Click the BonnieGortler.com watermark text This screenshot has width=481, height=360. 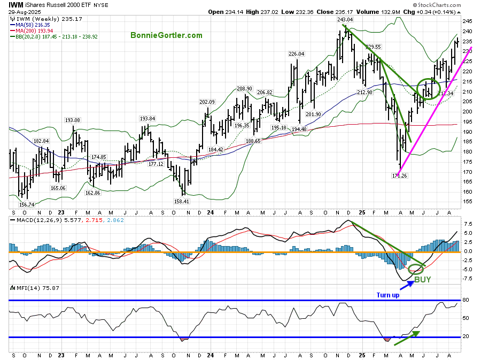tap(166, 35)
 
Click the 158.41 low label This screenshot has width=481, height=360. tap(183, 201)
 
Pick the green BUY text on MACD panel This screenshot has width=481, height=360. tap(422, 279)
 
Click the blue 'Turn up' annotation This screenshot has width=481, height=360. tap(387, 295)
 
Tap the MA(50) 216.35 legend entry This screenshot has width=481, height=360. tap(34, 24)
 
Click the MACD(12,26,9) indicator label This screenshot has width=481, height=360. tap(35, 220)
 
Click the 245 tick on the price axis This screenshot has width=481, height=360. tap(467, 21)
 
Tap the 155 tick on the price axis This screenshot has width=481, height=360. tap(467, 202)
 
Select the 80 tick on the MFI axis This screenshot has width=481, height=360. tap(466, 300)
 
